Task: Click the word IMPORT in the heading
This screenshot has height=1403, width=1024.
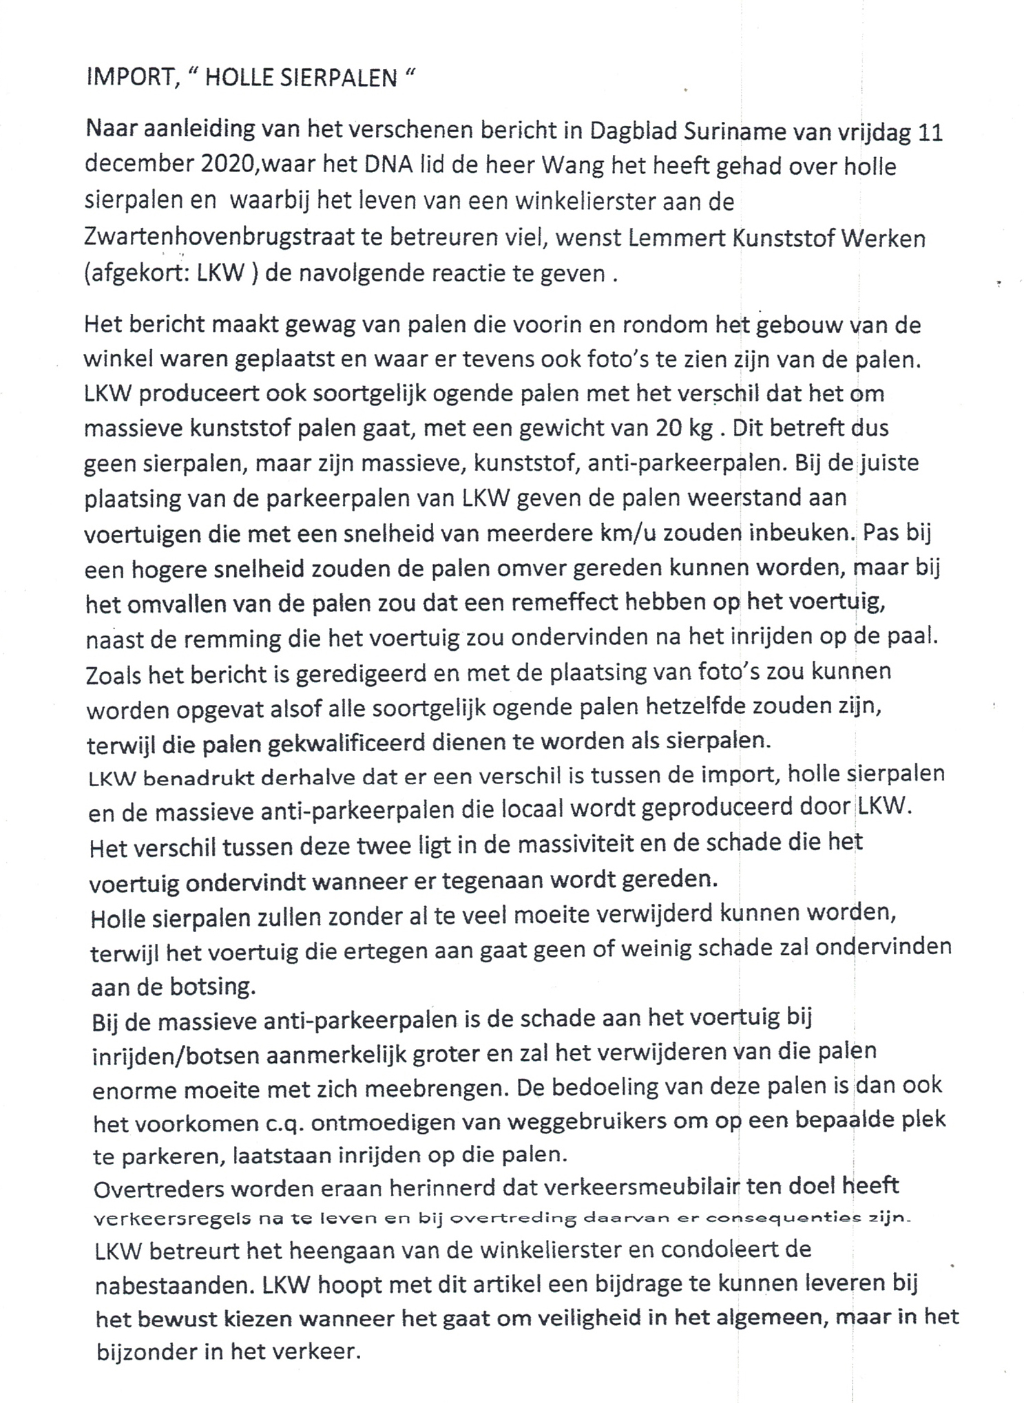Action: [x=129, y=77]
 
